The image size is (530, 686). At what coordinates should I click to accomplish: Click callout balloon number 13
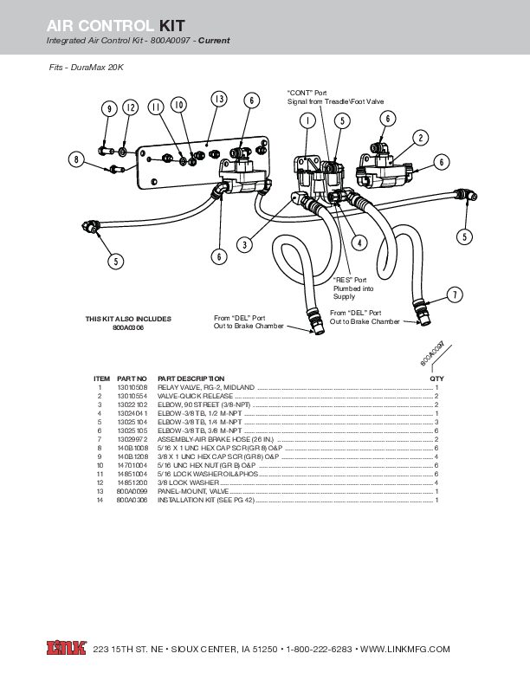click(219, 100)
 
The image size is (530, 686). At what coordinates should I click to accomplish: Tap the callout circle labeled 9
click(109, 108)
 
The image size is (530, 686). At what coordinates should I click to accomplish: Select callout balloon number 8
click(77, 160)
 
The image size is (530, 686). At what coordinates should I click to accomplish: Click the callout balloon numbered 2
click(420, 138)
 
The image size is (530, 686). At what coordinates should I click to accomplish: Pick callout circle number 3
click(246, 245)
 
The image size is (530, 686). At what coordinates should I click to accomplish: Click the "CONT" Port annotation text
click(307, 92)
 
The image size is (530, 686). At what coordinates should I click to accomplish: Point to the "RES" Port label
click(350, 280)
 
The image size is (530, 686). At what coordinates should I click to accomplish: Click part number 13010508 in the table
click(132, 387)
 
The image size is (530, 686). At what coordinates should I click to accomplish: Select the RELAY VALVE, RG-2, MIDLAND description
click(206, 387)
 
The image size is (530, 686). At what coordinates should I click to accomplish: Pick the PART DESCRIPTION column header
click(191, 379)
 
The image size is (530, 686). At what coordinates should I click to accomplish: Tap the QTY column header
click(436, 379)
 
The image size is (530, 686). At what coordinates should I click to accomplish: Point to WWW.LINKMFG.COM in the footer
click(404, 649)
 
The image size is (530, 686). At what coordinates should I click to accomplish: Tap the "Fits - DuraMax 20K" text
click(86, 67)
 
